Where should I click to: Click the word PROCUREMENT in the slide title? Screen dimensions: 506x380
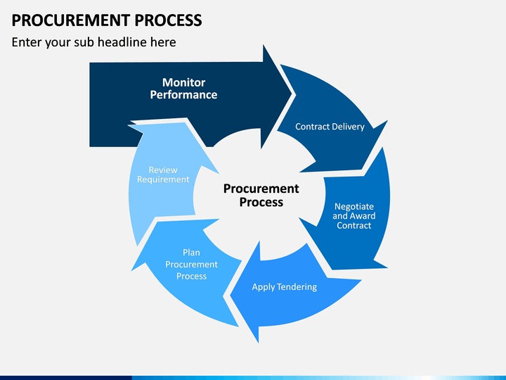point(71,20)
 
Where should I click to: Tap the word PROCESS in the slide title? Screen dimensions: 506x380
point(168,20)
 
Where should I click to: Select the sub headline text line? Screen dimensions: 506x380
point(94,42)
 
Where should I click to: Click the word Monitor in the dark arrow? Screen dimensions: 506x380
point(183,82)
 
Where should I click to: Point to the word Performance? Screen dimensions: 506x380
point(183,95)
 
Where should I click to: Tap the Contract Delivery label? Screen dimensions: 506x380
point(330,127)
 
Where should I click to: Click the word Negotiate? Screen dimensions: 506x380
point(354,206)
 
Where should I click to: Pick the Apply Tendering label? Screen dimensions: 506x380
point(285,287)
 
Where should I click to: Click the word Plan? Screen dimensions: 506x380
point(191,253)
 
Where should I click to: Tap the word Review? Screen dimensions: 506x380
point(163,170)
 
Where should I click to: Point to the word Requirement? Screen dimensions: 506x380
point(163,179)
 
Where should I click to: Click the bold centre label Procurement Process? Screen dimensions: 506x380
point(261,195)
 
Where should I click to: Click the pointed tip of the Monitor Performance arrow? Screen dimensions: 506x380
point(292,94)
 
